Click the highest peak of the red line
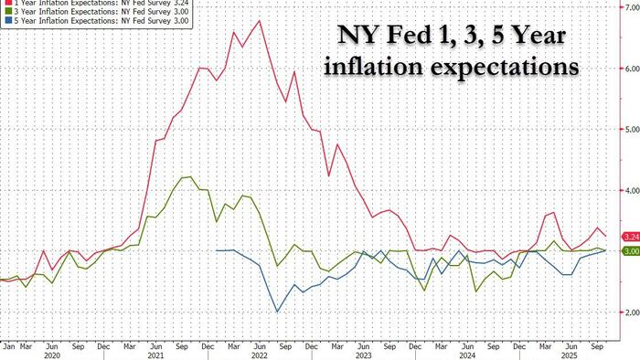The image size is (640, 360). tap(261, 20)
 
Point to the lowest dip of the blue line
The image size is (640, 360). tap(277, 312)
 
